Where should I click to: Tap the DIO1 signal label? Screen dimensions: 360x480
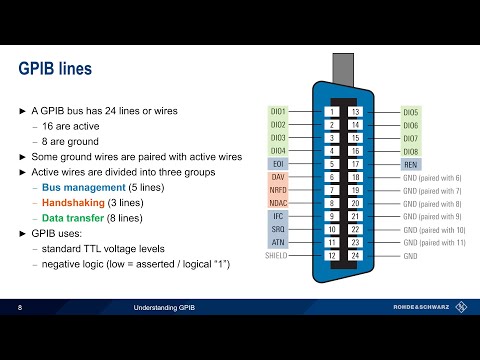click(278, 111)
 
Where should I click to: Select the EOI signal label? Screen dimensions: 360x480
click(280, 163)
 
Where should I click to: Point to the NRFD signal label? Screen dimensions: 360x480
click(279, 189)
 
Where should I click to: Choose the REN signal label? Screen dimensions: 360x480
click(410, 163)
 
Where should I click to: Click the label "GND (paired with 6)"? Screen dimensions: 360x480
click(433, 176)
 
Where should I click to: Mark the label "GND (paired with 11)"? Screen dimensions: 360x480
click(435, 242)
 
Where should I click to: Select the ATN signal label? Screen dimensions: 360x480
click(280, 242)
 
